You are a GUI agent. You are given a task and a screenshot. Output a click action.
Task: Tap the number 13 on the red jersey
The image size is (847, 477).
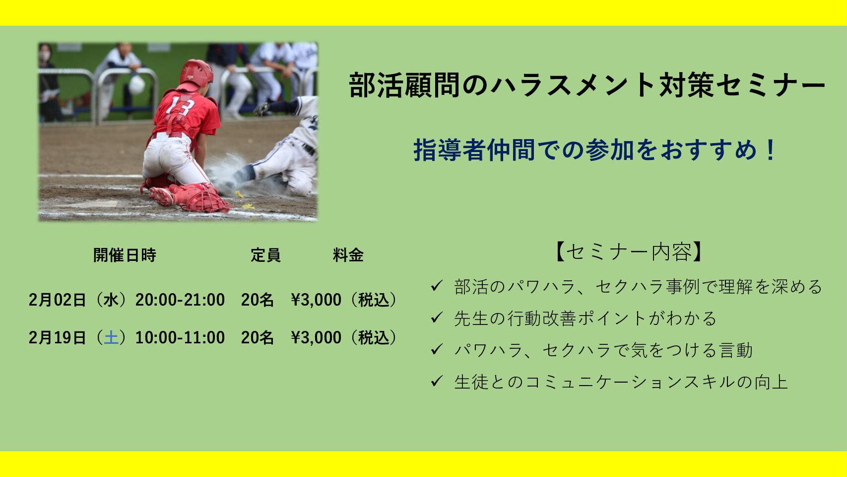(180, 105)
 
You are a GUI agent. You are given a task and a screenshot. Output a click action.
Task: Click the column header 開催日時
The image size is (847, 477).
(125, 255)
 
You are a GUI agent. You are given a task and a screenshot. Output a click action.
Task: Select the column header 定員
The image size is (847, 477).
(265, 255)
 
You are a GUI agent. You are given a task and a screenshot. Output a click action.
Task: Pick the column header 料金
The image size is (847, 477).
(348, 255)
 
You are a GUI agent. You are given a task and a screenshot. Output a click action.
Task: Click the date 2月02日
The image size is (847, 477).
(58, 300)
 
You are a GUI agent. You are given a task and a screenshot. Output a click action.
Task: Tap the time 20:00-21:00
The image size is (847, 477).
(180, 300)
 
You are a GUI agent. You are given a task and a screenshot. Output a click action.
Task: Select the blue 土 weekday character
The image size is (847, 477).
(111, 337)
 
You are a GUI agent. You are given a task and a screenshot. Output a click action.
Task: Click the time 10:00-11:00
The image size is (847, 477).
(180, 337)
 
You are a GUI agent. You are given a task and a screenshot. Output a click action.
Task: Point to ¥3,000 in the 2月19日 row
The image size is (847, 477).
(316, 337)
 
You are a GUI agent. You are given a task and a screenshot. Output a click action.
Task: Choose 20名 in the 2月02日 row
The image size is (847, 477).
(257, 300)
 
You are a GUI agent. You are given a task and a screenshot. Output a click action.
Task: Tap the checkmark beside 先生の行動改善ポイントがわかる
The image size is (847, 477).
(436, 317)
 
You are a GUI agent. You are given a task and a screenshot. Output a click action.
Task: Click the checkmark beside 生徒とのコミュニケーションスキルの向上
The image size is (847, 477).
(436, 381)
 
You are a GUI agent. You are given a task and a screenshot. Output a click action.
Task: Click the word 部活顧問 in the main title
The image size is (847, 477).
(403, 85)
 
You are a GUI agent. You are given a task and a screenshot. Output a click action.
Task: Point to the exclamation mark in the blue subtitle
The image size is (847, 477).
(770, 150)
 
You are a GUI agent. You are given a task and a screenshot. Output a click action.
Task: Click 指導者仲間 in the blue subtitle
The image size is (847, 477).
(474, 150)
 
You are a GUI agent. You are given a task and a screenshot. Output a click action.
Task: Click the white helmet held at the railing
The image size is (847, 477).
(136, 84)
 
